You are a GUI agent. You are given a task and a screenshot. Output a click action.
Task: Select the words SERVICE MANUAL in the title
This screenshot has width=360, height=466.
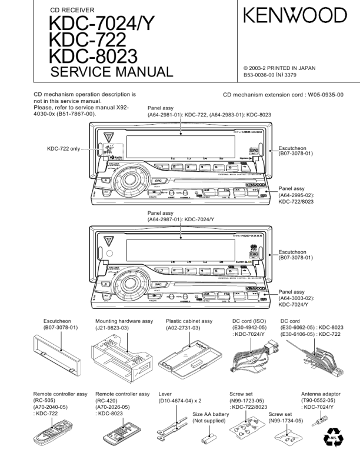(112, 74)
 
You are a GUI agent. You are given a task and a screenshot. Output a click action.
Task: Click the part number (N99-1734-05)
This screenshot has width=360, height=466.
(286, 421)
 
